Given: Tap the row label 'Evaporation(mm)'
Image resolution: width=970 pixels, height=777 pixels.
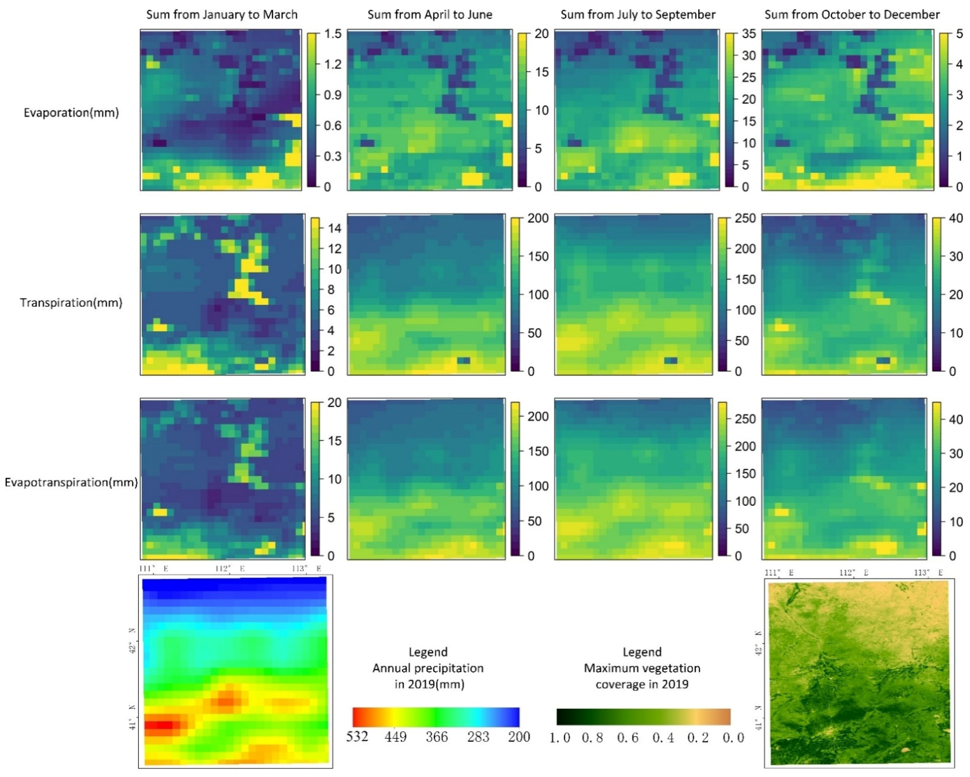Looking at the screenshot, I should coord(71,113).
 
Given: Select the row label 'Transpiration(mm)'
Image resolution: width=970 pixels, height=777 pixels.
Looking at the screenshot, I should coord(71,302).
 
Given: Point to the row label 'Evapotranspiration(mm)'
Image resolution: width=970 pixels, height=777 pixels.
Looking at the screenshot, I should coord(71,482).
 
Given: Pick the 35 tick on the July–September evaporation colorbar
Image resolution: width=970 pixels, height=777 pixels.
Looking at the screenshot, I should coord(749,34).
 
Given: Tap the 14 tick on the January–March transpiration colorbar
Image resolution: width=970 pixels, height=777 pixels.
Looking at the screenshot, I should coord(334,228).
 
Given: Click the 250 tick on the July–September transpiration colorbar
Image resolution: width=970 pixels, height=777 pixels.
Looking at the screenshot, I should coord(745,218).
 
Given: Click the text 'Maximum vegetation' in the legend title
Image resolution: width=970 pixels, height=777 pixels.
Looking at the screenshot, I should coord(642,668).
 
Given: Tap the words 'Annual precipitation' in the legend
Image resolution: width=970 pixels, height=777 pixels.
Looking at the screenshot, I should coord(428,668).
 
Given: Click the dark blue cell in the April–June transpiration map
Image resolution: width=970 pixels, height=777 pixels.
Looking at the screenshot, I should coord(463,360).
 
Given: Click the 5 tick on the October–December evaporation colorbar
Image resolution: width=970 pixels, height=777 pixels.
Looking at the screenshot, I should coord(959,34).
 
